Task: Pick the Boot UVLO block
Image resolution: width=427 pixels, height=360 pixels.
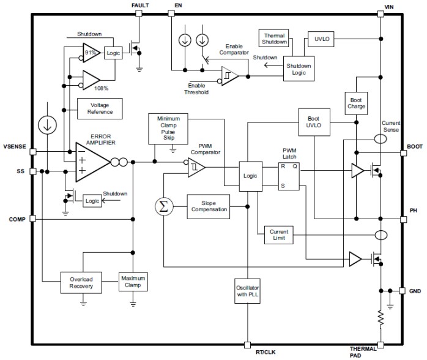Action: click(x=313, y=121)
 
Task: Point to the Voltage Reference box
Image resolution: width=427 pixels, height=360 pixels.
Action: click(x=99, y=109)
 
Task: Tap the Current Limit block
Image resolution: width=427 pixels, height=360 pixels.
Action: click(x=278, y=235)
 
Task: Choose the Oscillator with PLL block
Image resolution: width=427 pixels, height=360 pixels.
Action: click(x=248, y=290)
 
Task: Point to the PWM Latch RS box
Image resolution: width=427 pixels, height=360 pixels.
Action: click(x=290, y=176)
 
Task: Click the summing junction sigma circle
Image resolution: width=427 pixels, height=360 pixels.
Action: click(x=163, y=206)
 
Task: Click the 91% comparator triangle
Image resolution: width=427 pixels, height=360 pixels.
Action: click(x=92, y=53)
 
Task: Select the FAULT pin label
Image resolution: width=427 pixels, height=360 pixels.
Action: click(x=140, y=6)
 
